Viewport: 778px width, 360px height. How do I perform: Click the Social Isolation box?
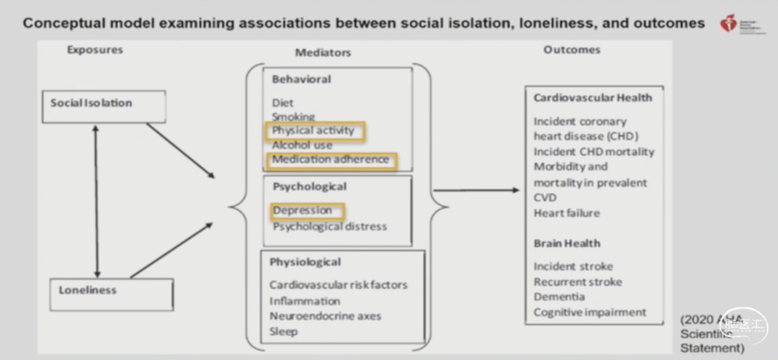(x=104, y=105)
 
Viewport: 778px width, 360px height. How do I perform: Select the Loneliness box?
(x=112, y=294)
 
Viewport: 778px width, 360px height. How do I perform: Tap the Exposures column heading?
(x=95, y=50)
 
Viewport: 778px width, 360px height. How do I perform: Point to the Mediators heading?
(x=323, y=53)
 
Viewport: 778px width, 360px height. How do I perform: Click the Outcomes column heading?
(x=571, y=50)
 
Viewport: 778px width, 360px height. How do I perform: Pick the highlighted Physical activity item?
(x=314, y=131)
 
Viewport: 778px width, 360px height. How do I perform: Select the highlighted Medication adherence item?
(x=331, y=160)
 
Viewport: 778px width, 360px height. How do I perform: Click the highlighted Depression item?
(x=306, y=211)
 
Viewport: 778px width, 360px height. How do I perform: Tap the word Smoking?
(x=293, y=116)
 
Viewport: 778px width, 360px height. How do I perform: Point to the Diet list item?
(x=282, y=102)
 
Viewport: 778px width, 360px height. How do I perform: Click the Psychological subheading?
(x=310, y=186)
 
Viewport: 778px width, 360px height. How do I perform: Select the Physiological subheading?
(x=305, y=261)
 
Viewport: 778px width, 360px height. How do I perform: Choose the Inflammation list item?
(x=305, y=300)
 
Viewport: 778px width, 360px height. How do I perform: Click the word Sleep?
(x=283, y=331)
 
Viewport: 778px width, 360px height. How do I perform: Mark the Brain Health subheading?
(x=567, y=243)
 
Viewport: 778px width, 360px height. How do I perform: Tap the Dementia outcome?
(x=559, y=297)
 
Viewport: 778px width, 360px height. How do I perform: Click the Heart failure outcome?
(x=566, y=213)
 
